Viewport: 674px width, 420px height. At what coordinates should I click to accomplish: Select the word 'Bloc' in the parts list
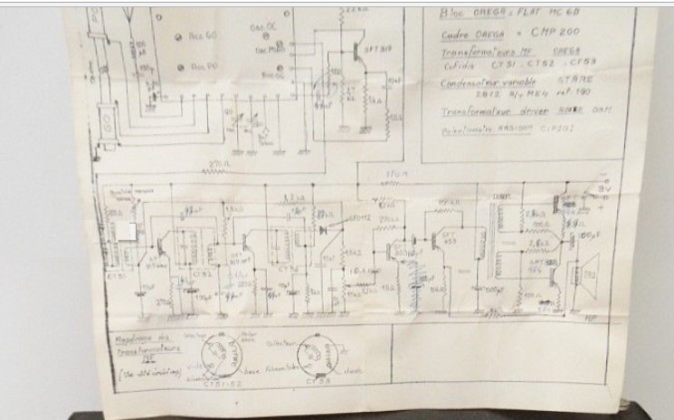[451, 14]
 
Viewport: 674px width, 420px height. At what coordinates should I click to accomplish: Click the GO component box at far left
[106, 124]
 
